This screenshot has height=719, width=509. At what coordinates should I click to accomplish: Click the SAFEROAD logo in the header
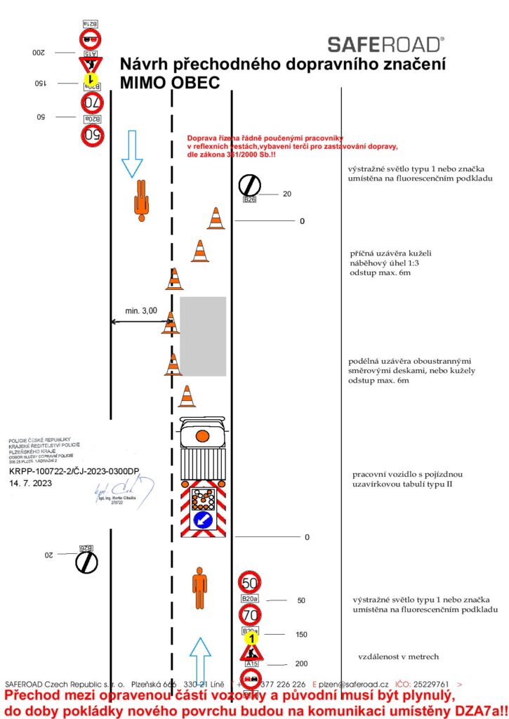pyautogui.click(x=385, y=45)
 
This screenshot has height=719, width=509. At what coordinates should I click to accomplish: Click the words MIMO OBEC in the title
pyautogui.click(x=170, y=83)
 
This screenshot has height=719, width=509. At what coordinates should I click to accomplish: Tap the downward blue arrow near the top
pyautogui.click(x=132, y=152)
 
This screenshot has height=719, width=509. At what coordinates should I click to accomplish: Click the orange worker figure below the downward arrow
pyautogui.click(x=142, y=199)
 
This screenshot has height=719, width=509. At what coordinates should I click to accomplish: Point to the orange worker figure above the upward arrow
pyautogui.click(x=200, y=588)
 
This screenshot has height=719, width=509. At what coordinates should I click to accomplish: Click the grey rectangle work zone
pyautogui.click(x=203, y=336)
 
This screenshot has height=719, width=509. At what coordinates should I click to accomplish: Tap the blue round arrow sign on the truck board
pyautogui.click(x=204, y=520)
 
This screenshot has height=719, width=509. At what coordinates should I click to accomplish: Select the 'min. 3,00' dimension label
pyautogui.click(x=141, y=310)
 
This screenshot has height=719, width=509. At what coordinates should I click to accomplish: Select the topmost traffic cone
pyautogui.click(x=216, y=218)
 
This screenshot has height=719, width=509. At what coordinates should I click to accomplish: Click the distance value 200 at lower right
pyautogui.click(x=301, y=664)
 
